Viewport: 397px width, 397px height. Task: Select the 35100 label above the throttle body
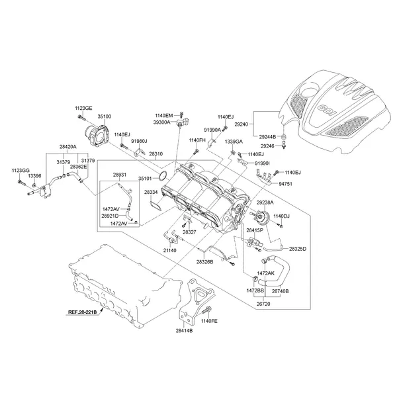(105, 116)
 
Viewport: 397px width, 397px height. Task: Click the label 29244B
(267, 137)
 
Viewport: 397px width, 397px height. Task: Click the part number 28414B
(185, 330)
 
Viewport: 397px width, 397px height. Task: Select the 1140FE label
(208, 320)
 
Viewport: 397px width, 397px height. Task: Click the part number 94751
(286, 184)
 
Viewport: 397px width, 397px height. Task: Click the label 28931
(119, 175)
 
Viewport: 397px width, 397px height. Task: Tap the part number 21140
(170, 251)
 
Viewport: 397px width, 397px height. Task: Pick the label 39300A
(163, 122)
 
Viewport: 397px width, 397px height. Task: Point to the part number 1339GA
(234, 142)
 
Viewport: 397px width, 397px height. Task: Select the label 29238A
(265, 202)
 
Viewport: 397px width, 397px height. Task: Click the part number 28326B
(204, 263)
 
